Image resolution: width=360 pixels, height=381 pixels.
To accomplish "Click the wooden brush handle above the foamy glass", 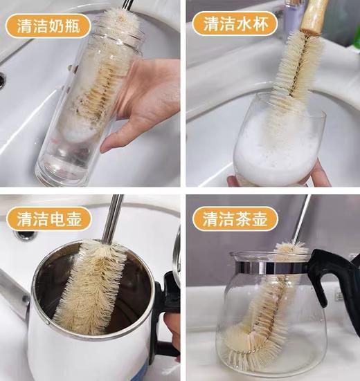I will point(314,15).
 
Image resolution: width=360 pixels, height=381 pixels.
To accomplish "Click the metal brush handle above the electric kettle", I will point(113,218).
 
